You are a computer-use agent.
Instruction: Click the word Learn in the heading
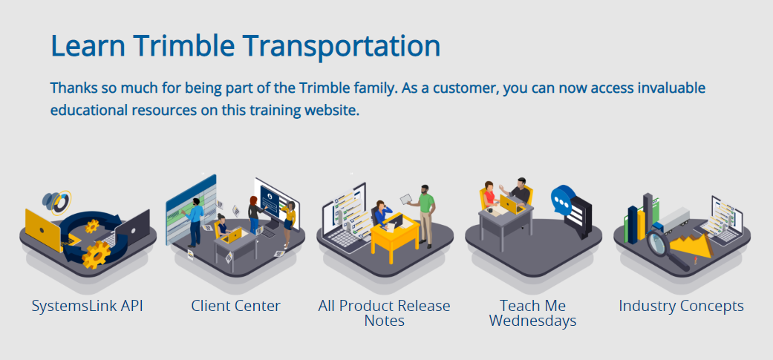[x=88, y=45]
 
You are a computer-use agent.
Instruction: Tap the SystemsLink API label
[x=88, y=306]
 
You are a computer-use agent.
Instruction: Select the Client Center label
[x=235, y=306]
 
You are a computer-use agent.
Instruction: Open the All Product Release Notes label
[x=384, y=313]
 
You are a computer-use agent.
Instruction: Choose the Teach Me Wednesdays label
[x=533, y=313]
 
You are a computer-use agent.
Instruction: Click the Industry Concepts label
[x=682, y=306]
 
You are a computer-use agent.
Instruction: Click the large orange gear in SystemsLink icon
[x=96, y=255]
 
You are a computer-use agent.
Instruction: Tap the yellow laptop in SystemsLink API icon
[x=42, y=230]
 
